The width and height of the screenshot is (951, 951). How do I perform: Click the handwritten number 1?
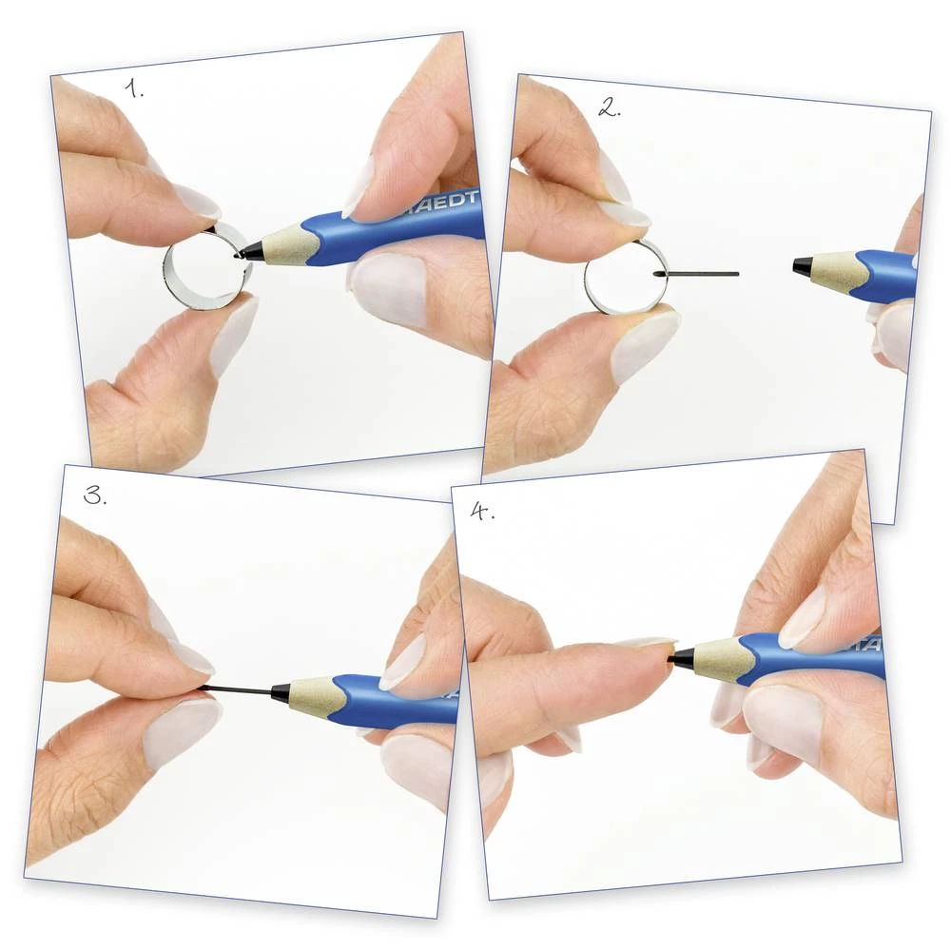(135, 89)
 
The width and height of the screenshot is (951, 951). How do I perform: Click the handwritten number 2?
(609, 107)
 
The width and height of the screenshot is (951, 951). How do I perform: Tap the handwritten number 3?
(95, 495)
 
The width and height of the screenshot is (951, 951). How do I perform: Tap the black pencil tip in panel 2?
(801, 265)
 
